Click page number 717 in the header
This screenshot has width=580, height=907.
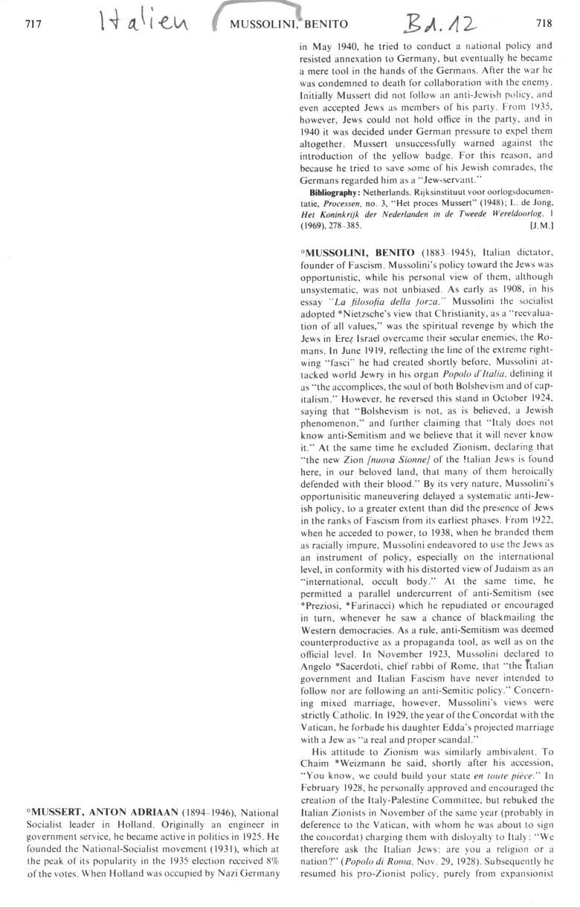(32, 24)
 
